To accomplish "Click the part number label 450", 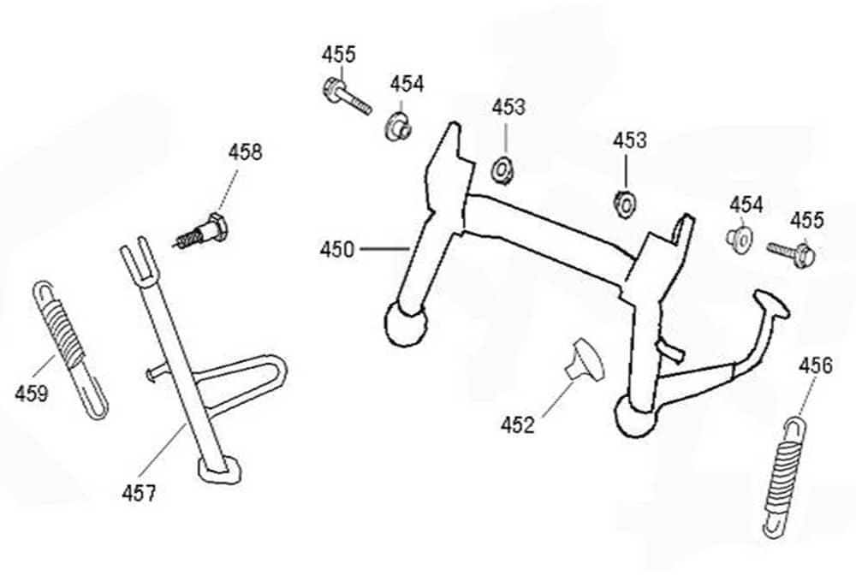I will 336,250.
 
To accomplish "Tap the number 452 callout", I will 519,424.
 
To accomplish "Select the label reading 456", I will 815,366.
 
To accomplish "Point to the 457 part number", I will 138,493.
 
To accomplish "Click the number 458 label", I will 245,152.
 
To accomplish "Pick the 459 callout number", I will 32,394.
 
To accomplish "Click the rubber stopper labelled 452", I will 585,359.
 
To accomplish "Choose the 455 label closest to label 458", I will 339,54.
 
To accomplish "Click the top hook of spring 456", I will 797,423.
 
